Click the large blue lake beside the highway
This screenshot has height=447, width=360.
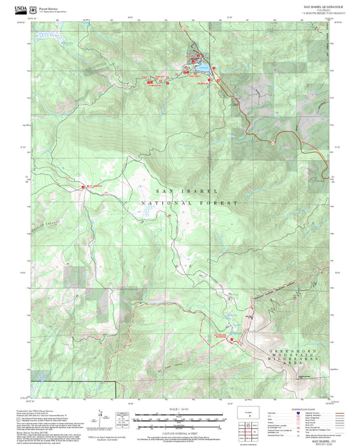point(200,68)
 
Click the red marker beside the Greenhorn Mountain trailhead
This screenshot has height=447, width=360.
point(231,339)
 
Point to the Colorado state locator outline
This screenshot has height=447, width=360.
point(245,412)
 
